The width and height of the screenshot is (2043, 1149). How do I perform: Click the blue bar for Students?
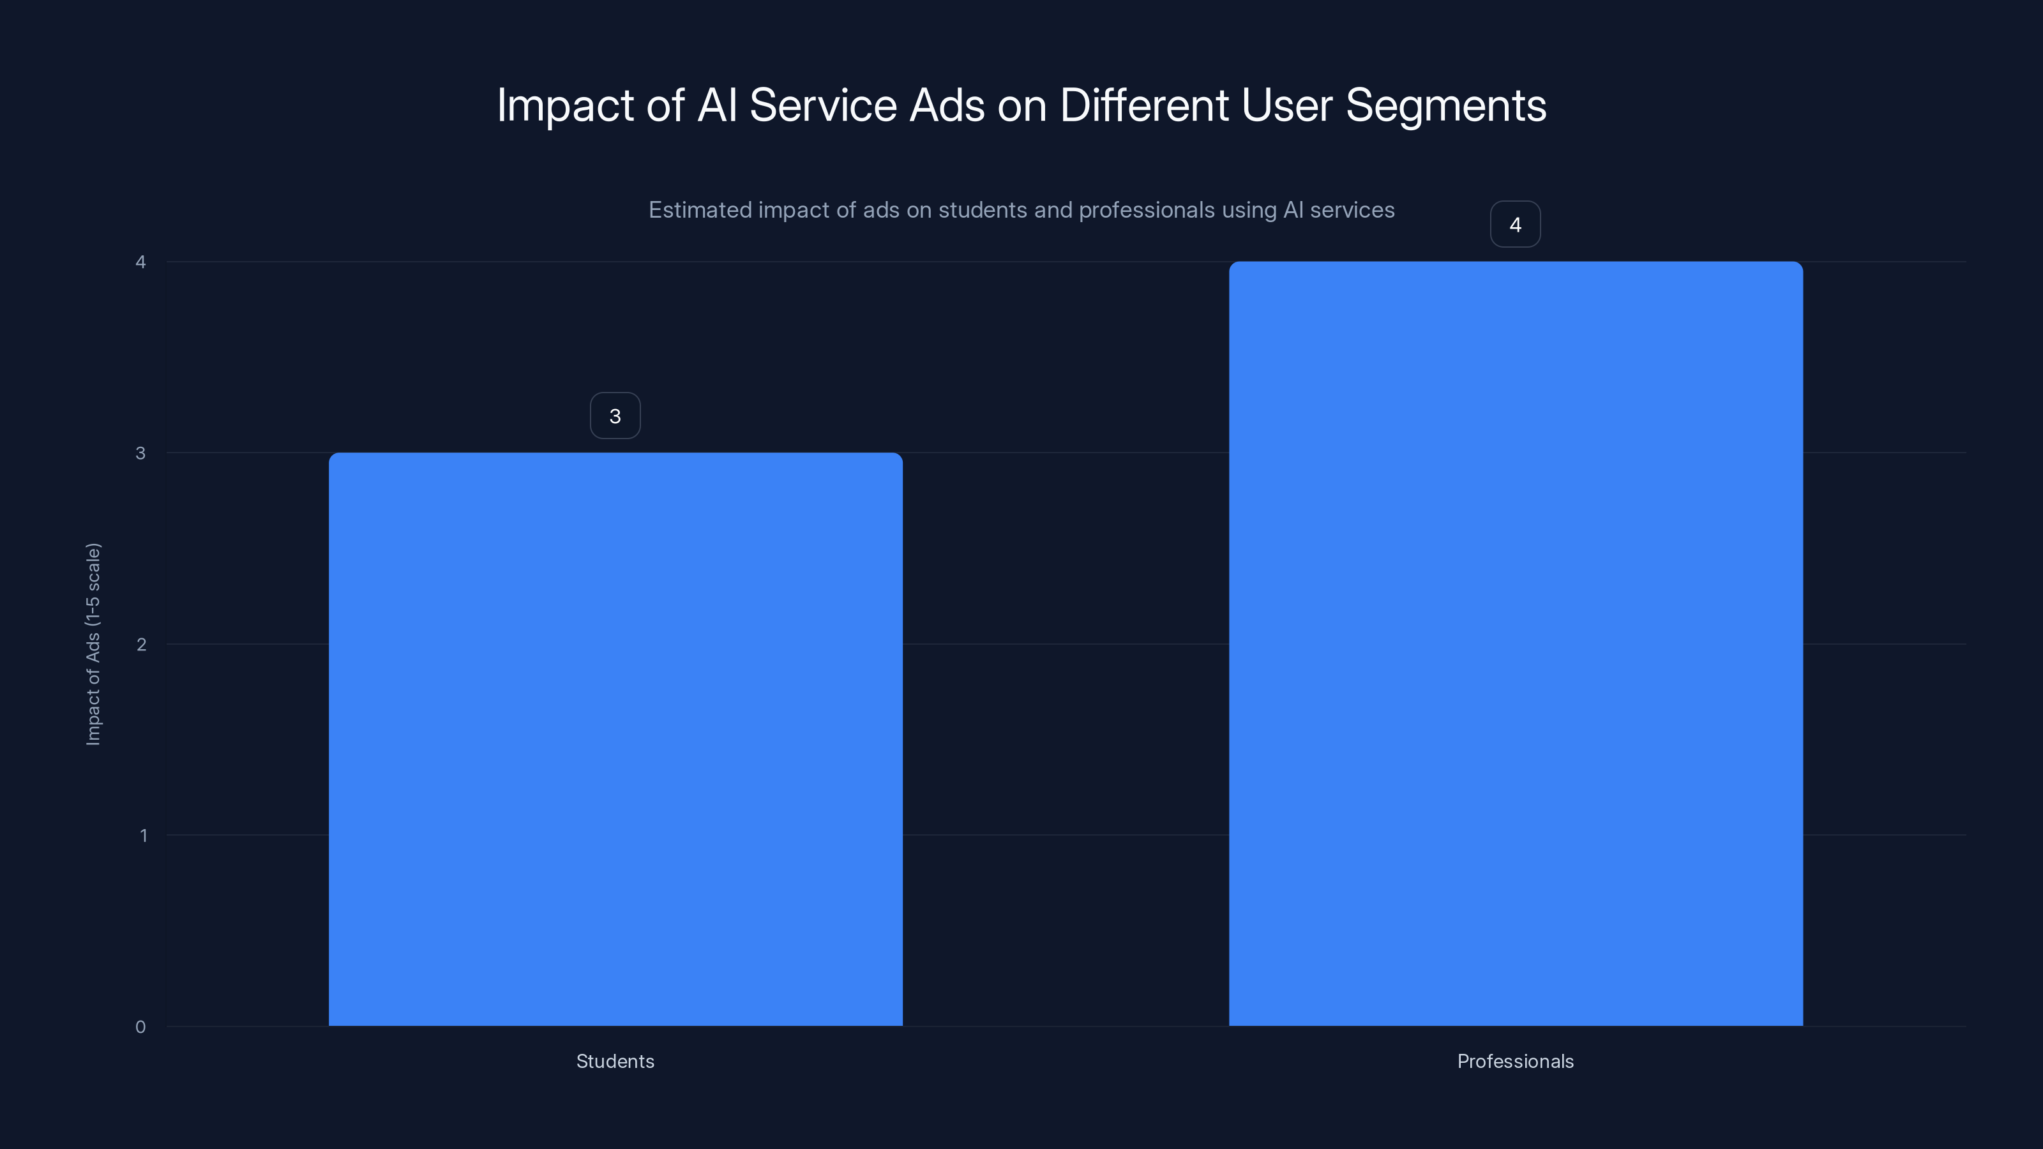[x=615, y=739]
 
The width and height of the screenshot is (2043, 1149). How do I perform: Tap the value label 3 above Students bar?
[x=615, y=416]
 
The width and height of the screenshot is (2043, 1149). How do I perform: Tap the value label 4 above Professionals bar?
[x=1515, y=225]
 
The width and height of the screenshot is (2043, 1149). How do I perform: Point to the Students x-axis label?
[x=615, y=1061]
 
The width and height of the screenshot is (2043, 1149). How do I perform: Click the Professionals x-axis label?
[x=1515, y=1061]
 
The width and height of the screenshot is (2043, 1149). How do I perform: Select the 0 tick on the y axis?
[x=140, y=1027]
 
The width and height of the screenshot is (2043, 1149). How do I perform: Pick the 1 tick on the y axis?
[x=143, y=835]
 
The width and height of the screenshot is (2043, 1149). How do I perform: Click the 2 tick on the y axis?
[x=141, y=644]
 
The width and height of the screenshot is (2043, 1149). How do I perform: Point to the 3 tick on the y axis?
[x=140, y=453]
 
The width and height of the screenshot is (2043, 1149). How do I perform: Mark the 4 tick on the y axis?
[x=140, y=262]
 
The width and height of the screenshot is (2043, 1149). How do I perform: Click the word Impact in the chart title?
[x=564, y=105]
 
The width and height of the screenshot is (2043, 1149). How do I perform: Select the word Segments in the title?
[x=1445, y=105]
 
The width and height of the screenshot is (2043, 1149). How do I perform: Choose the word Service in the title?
[x=822, y=105]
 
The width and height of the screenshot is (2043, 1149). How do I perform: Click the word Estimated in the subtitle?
[x=700, y=210]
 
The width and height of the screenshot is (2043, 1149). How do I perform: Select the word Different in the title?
[x=1143, y=105]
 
